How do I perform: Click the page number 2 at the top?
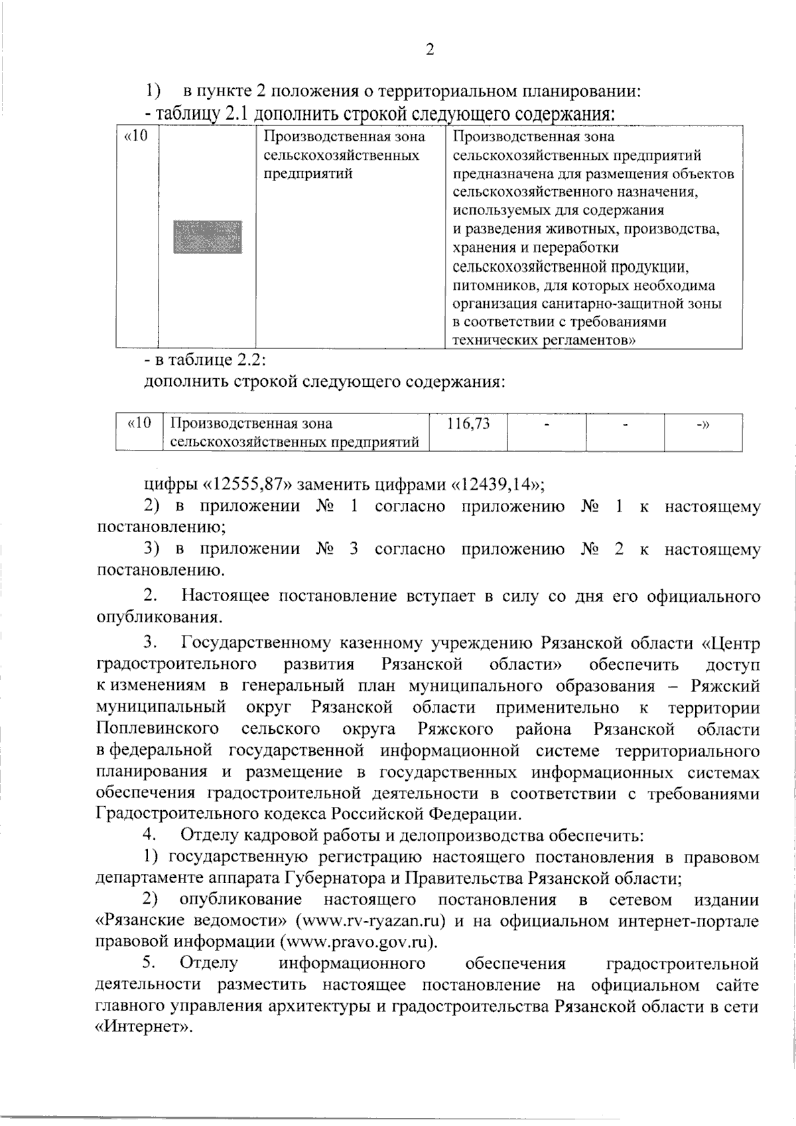[429, 50]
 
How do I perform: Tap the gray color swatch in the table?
[207, 237]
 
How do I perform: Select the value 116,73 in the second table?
[468, 424]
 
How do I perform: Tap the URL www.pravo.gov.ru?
[360, 942]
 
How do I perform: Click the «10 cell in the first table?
[136, 137]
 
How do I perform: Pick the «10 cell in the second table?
[139, 423]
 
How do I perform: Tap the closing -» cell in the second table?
[702, 424]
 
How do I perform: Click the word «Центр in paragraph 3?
[731, 644]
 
